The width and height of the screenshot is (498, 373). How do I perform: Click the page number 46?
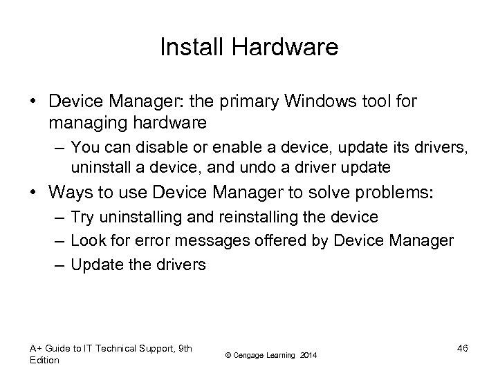[x=463, y=348]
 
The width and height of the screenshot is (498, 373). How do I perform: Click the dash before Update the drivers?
[x=59, y=264]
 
